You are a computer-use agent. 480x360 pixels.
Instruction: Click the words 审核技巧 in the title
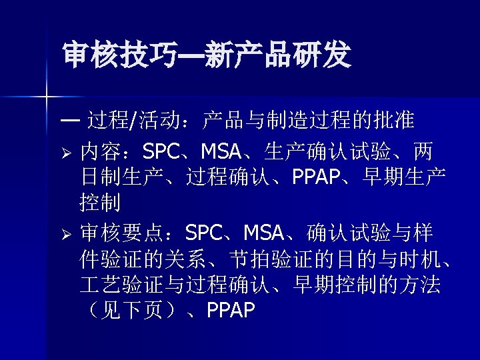(119, 56)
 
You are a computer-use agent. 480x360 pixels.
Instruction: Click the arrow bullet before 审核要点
(66, 234)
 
